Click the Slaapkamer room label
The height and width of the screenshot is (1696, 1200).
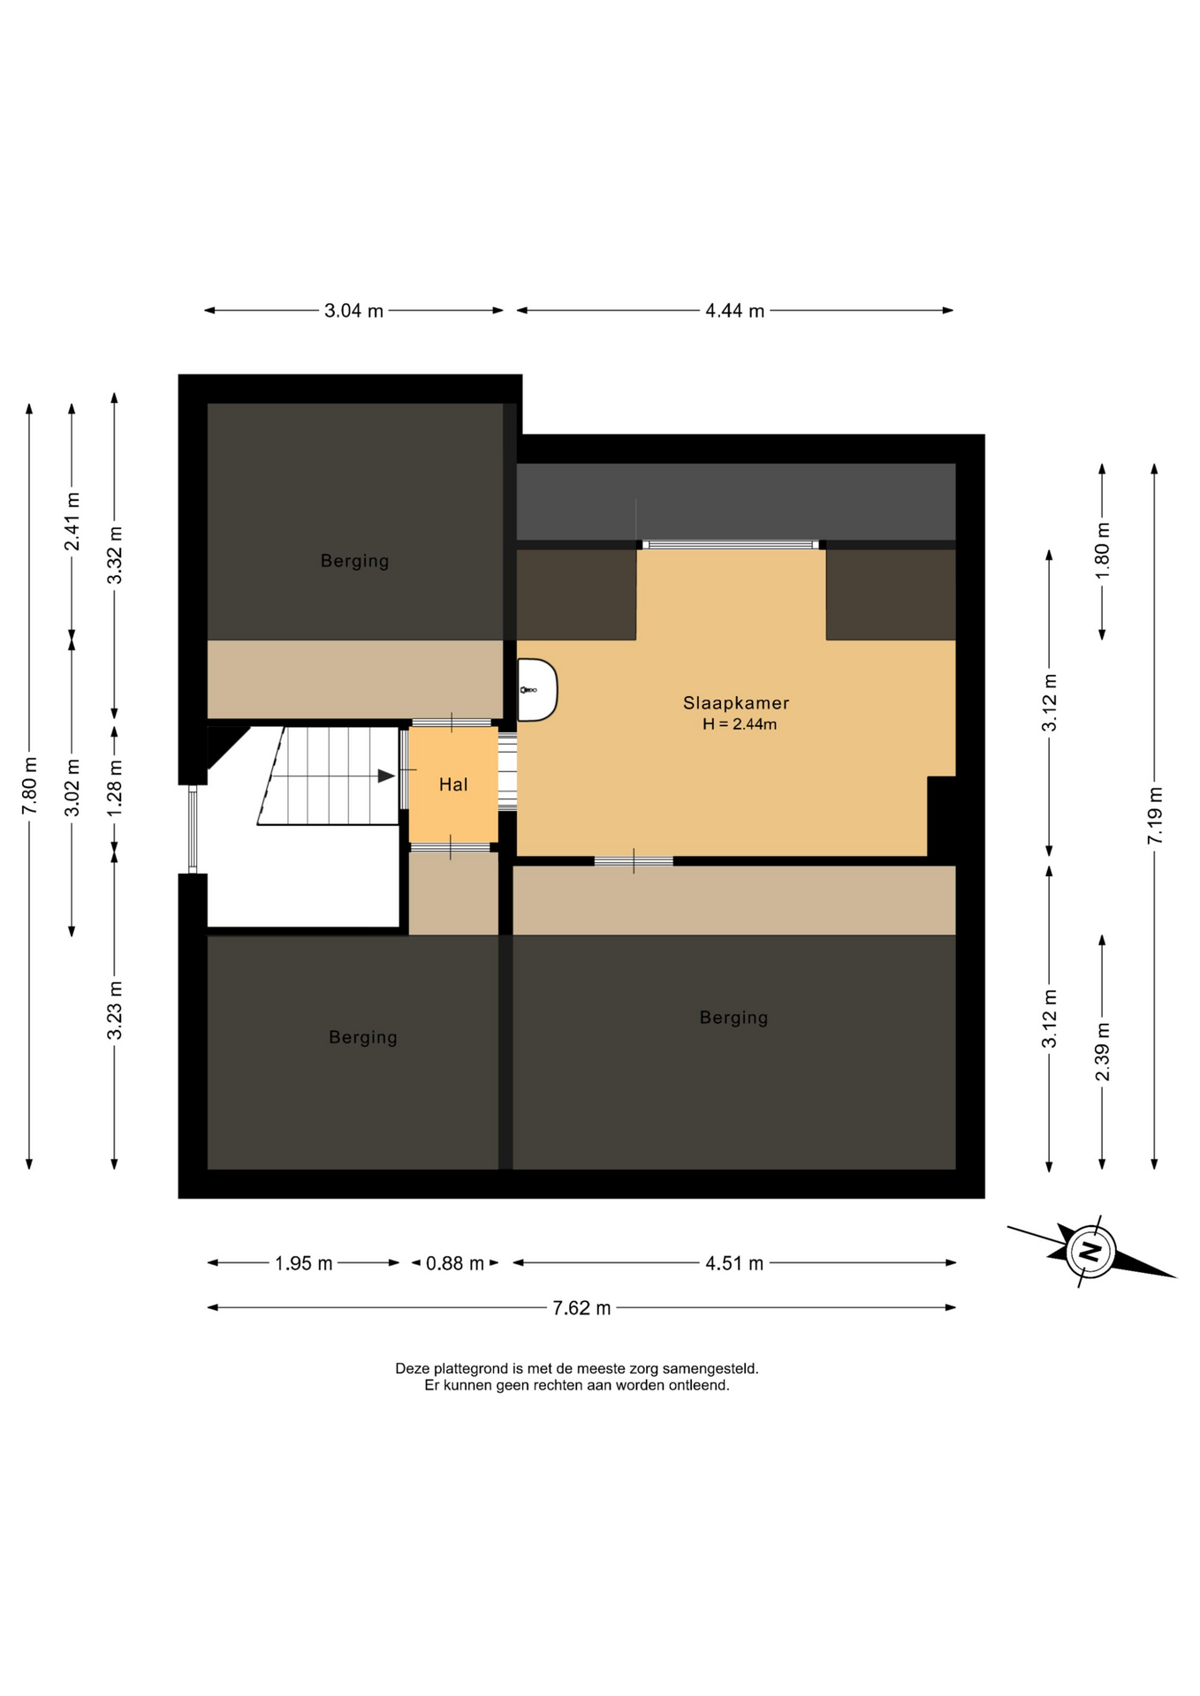(735, 703)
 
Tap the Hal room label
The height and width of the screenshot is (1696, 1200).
(453, 784)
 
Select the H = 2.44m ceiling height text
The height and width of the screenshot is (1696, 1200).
(740, 724)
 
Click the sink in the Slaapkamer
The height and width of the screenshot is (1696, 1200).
(537, 689)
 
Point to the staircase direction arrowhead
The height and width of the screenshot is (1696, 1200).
(386, 776)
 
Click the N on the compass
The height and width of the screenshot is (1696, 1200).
(1090, 1251)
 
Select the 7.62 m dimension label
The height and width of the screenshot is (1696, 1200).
(581, 1308)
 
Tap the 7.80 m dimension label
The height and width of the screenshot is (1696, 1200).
(29, 786)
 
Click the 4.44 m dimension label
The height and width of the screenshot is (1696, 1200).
(734, 311)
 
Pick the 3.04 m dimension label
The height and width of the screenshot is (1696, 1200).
(353, 311)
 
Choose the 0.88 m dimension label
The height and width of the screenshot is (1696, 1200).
(455, 1263)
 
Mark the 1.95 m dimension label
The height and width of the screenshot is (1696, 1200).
(303, 1263)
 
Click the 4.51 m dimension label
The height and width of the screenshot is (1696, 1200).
(733, 1263)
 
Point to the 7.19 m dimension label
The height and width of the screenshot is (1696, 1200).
(1155, 814)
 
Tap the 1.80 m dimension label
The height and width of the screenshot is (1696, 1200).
(1102, 549)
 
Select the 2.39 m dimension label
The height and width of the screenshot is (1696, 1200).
(1102, 1051)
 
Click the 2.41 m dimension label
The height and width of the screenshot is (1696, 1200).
(72, 521)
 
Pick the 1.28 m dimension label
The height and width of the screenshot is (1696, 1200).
(114, 786)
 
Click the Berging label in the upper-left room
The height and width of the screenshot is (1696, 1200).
(354, 561)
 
